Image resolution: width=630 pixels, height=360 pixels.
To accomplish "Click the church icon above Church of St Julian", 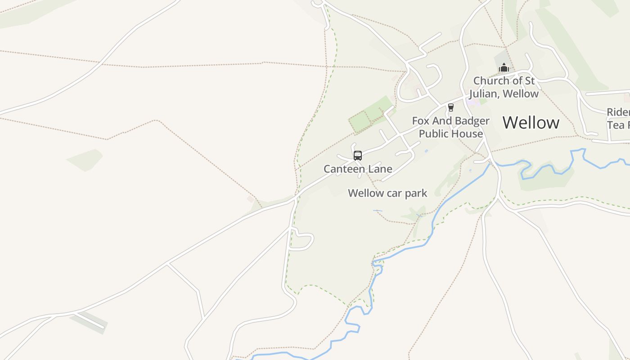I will pos(504,67).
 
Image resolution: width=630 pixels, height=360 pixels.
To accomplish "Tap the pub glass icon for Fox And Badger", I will pos(450,107).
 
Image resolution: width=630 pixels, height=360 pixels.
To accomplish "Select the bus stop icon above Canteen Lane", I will pos(358,156).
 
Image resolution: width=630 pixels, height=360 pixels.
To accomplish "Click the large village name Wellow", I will pos(531,122).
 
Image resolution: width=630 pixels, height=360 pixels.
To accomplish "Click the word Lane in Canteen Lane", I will pos(381,169).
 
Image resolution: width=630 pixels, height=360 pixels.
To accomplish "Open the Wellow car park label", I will pos(387,193).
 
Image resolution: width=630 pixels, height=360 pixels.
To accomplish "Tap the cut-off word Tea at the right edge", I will pos(616,125).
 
